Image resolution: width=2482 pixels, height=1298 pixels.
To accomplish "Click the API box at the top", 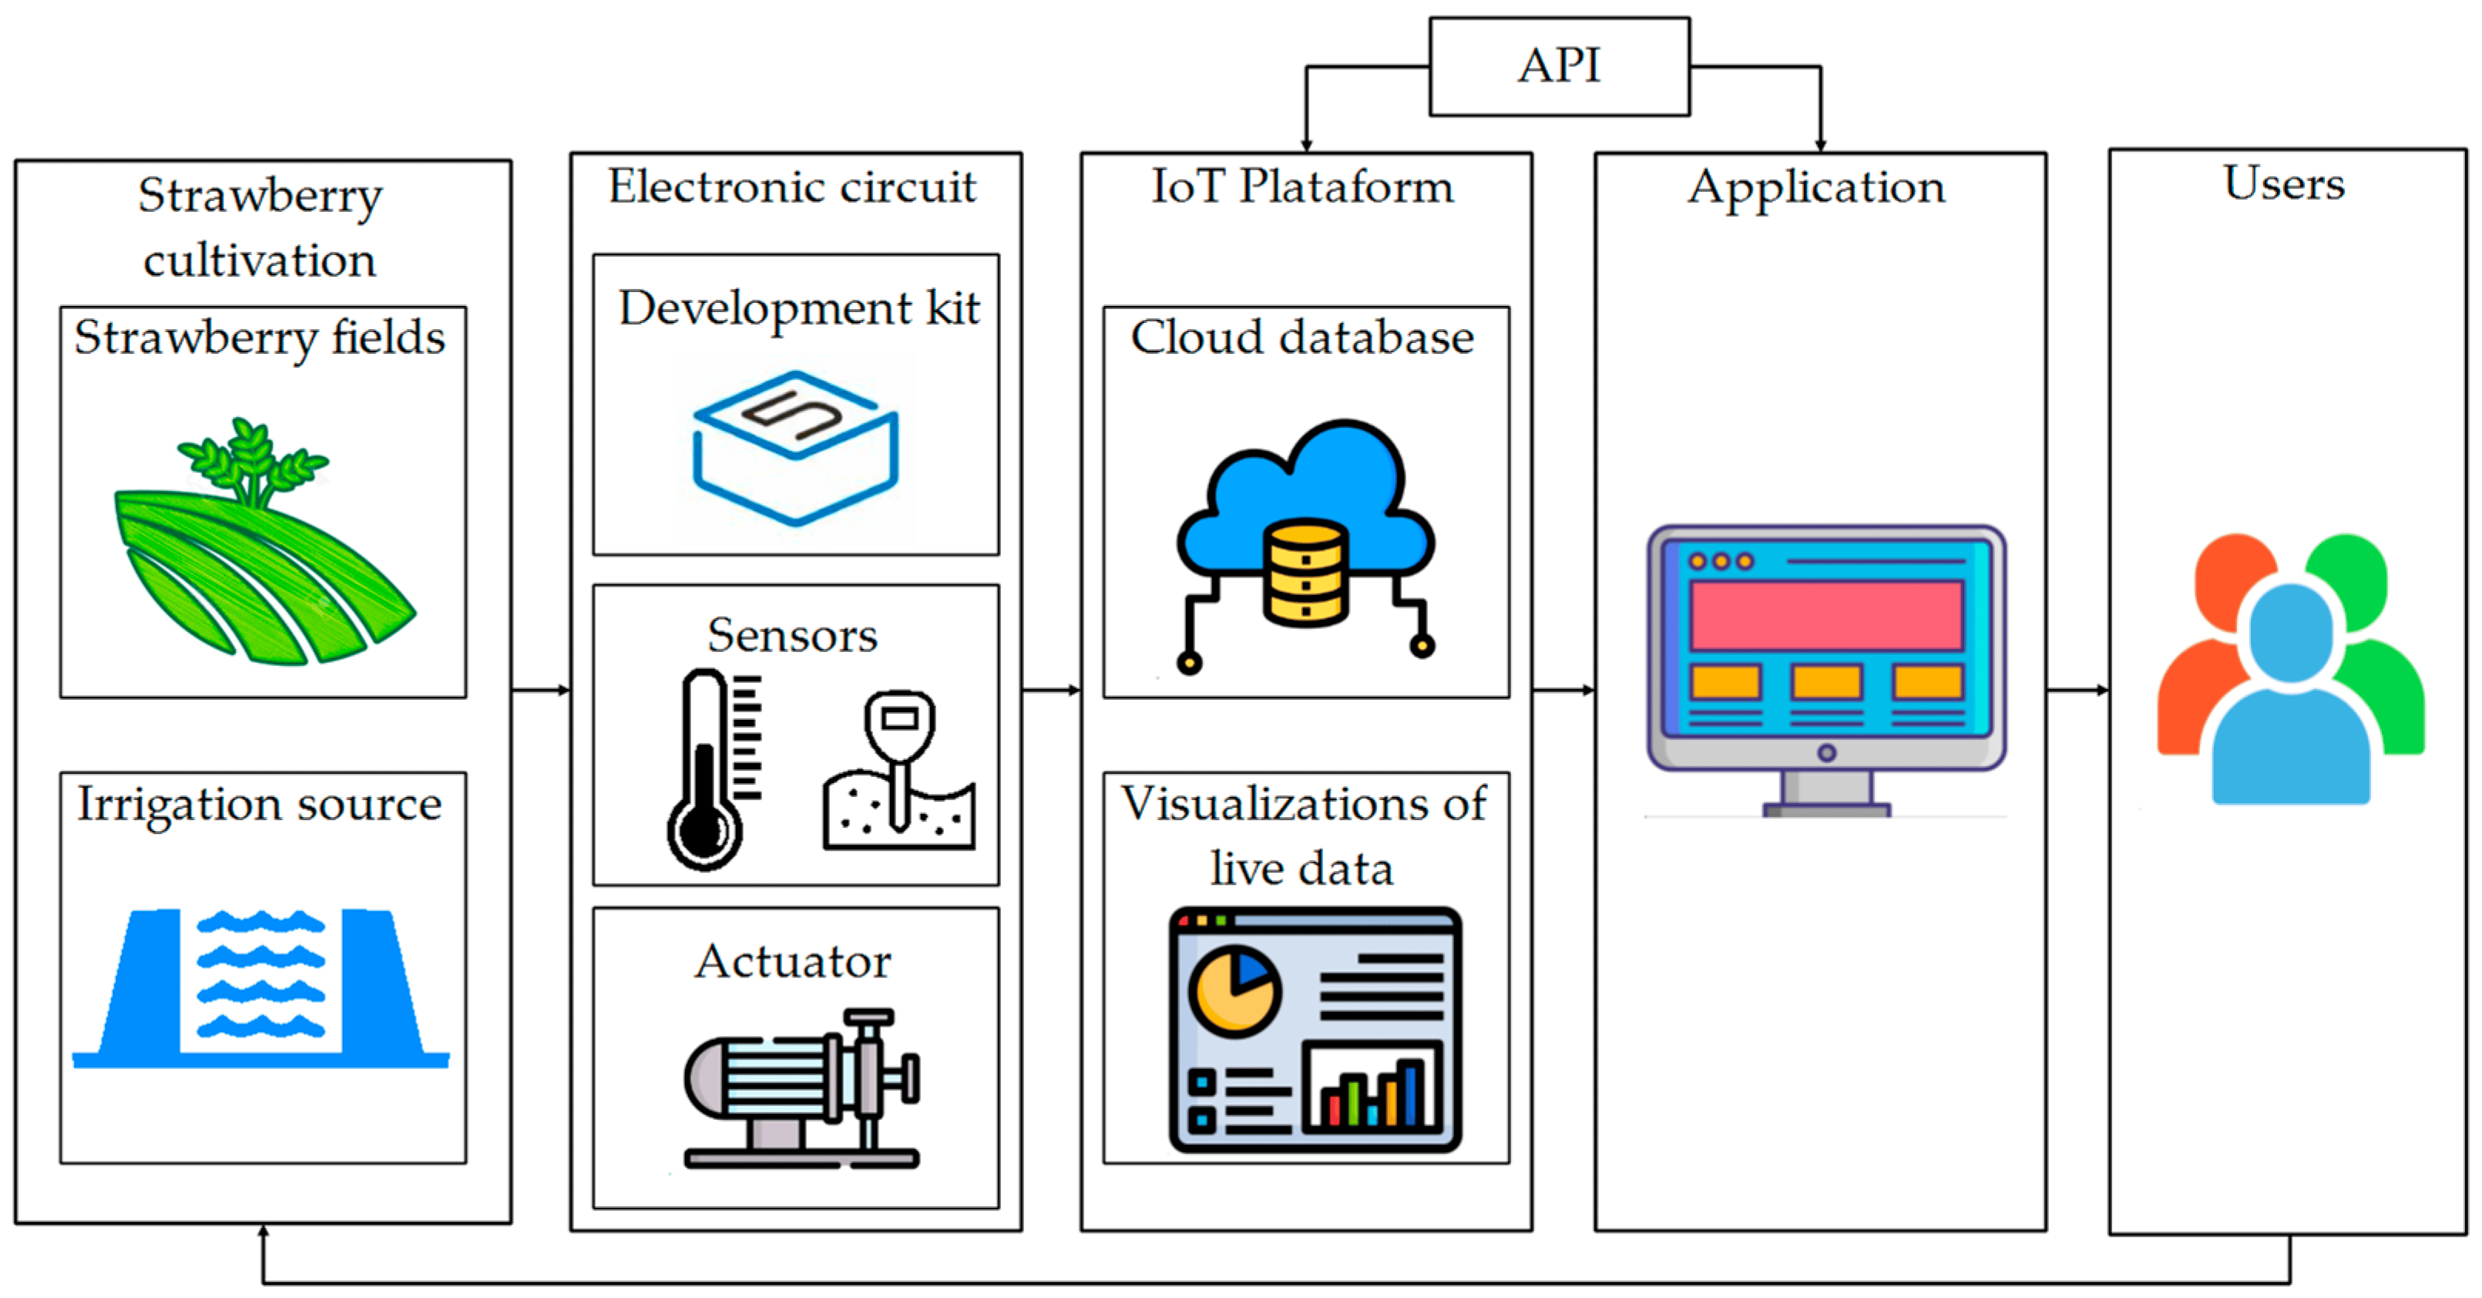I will (1558, 66).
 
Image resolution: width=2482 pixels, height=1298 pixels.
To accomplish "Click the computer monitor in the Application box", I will (1825, 665).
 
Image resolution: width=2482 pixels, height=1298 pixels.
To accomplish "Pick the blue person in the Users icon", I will (2290, 704).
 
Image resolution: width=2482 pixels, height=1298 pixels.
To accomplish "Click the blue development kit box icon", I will (796, 448).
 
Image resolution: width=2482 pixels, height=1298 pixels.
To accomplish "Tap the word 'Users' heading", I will (2283, 183).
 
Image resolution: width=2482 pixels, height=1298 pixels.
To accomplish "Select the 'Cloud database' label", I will (1303, 338).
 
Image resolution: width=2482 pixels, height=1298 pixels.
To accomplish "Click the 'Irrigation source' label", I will (260, 804).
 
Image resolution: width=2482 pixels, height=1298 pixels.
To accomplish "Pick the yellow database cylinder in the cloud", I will (1305, 573).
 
